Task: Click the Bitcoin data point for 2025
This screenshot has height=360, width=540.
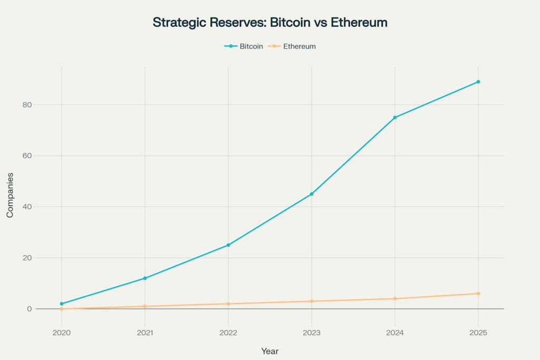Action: pos(478,82)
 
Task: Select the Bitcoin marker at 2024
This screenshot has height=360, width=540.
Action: pos(395,118)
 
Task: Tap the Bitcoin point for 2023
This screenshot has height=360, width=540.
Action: pos(312,194)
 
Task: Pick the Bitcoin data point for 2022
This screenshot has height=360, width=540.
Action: pos(228,245)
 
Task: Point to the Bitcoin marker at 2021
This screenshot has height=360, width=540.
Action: pos(145,278)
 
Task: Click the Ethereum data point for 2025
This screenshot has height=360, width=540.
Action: pos(478,294)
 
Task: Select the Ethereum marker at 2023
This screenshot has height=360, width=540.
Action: pos(312,301)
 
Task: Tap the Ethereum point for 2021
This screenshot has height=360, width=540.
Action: pos(145,306)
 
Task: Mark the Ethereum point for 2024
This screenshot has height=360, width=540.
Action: pos(395,299)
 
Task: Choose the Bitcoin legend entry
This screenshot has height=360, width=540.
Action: pos(244,46)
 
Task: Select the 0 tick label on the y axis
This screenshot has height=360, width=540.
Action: pos(30,309)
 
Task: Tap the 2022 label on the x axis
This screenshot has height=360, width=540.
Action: pos(228,333)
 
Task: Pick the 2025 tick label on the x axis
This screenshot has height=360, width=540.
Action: pos(478,333)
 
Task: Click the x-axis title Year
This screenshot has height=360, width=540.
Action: pos(270,351)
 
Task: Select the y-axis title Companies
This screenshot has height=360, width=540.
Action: pos(10,195)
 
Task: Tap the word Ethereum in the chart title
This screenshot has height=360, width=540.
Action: pos(360,23)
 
